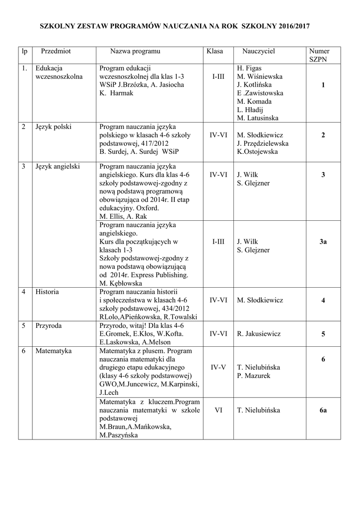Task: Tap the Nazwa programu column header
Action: click(x=135, y=51)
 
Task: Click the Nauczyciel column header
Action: click(x=258, y=51)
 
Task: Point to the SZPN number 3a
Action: click(x=323, y=241)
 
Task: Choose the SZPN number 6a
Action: click(x=323, y=410)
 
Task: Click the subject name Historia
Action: click(x=47, y=292)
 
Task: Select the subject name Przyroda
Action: click(x=48, y=325)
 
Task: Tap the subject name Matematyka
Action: click(x=53, y=351)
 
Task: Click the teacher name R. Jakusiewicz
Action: click(x=259, y=334)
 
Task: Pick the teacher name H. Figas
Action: click(x=249, y=68)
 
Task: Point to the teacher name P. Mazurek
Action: click(x=254, y=376)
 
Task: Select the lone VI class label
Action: click(x=218, y=410)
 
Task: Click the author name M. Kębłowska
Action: click(x=121, y=283)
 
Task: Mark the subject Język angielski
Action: click(x=58, y=166)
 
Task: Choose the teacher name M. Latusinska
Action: click(x=258, y=118)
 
